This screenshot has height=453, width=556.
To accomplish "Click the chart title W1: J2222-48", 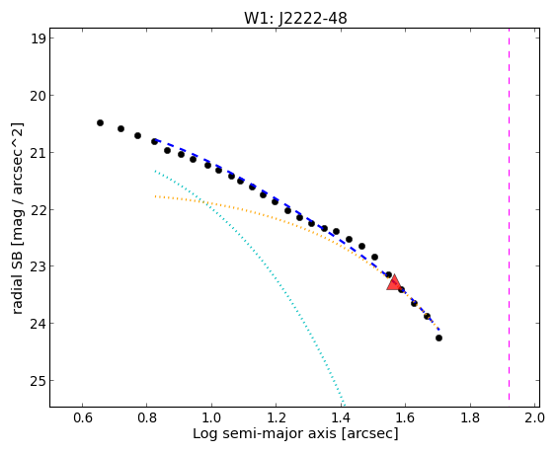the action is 295,18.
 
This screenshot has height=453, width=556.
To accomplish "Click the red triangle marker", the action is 394,283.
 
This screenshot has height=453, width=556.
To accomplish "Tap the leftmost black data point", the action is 100,122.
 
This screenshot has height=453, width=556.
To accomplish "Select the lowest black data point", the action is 438,338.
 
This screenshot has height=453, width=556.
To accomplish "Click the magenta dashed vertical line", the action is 510,214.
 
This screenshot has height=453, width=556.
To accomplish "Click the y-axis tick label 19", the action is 38,38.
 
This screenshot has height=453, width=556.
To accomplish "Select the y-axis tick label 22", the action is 38,209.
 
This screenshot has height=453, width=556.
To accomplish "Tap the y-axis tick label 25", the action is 38,381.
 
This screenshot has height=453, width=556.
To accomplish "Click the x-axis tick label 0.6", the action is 83,417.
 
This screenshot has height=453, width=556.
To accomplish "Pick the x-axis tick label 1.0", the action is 211,417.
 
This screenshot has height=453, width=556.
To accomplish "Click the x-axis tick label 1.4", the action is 341,417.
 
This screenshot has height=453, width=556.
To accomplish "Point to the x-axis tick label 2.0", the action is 534,417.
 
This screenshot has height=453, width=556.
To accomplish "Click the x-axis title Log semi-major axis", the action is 265,434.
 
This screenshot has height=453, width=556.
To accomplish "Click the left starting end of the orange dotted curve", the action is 155,196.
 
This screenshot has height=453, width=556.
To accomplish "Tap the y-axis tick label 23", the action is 38,266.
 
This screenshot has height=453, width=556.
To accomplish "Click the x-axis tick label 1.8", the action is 470,417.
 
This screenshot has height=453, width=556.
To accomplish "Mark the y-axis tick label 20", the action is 38,96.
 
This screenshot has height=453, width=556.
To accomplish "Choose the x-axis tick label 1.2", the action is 277,417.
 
